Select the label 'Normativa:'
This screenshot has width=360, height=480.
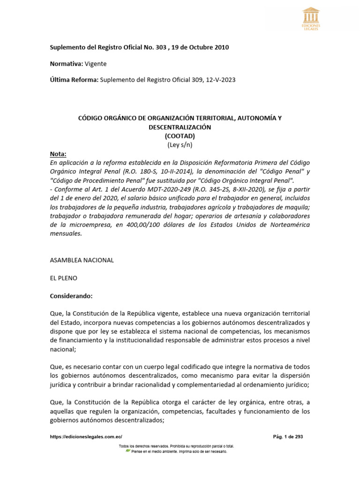66,64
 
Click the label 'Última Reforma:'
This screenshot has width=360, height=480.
74,80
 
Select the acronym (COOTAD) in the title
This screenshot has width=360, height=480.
180,136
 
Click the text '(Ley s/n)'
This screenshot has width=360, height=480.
180,145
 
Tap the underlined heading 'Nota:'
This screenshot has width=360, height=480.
58,154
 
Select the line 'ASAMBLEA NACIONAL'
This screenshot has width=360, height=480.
82,260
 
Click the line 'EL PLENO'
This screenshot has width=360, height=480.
63,278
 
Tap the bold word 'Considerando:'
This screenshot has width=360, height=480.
71,296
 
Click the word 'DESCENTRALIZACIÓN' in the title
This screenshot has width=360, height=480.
180,127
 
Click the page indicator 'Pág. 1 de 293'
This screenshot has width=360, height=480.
288,436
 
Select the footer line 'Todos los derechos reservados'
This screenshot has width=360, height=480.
177,446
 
